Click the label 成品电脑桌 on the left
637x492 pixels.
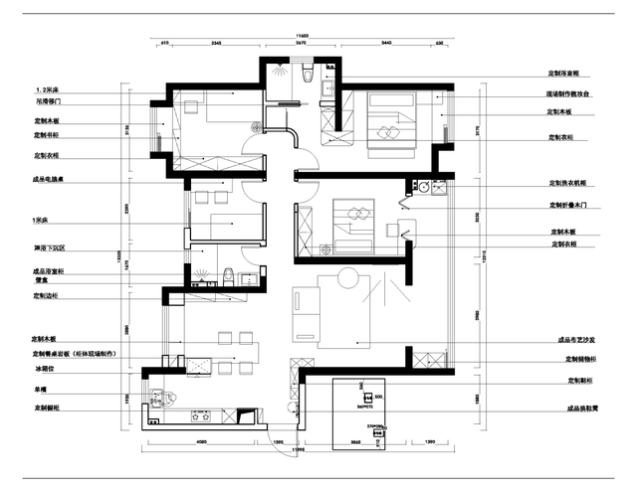(49, 180)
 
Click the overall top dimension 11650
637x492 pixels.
(302, 38)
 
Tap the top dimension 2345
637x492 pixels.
(216, 45)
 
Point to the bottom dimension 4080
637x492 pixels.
(201, 440)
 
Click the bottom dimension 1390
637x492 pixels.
(430, 440)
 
